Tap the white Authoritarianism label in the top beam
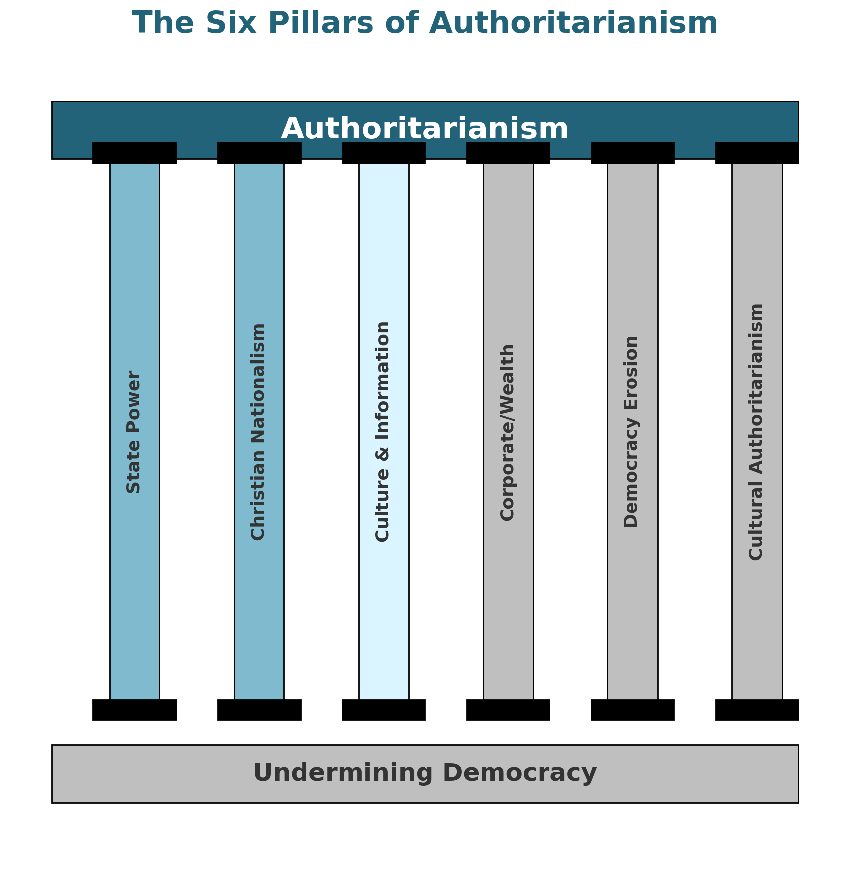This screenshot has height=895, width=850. click(x=425, y=128)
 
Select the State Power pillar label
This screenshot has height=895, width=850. click(x=134, y=432)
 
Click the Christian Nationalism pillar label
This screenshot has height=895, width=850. click(x=259, y=432)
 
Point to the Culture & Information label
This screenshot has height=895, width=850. click(x=383, y=432)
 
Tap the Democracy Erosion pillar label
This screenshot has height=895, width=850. click(x=632, y=432)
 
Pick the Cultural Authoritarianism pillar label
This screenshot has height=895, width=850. click(x=757, y=432)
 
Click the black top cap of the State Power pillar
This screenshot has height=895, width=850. click(x=134, y=153)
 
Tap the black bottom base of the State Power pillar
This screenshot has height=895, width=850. click(x=134, y=709)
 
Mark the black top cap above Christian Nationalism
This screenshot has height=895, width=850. click(x=259, y=153)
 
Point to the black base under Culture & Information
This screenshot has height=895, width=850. click(x=383, y=709)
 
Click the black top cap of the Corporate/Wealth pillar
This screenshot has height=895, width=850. click(x=508, y=153)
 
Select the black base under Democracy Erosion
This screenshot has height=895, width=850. click(x=632, y=709)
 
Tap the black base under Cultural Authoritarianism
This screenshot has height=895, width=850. click(x=757, y=709)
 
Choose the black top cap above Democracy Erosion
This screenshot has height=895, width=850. click(x=632, y=153)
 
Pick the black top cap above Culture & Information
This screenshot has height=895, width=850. click(x=383, y=153)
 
